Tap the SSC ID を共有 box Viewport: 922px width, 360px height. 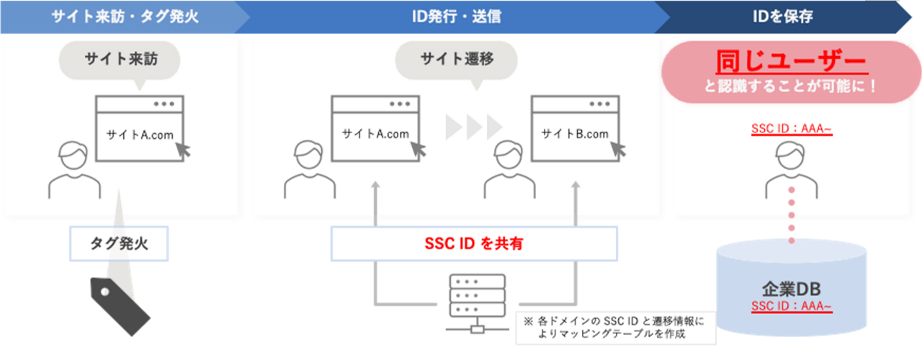pyautogui.click(x=474, y=244)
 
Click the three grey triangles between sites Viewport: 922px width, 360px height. pyautogui.click(x=473, y=127)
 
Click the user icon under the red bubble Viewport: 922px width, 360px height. pyautogui.click(x=790, y=170)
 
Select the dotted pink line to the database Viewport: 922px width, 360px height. pyautogui.click(x=791, y=216)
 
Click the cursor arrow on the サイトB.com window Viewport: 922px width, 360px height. pyautogui.click(x=617, y=148)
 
